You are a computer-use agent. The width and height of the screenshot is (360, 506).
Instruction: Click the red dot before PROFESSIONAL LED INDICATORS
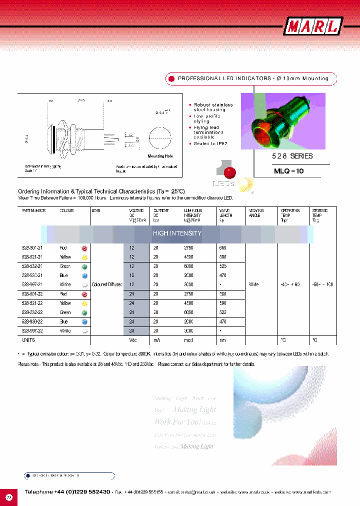[171, 78]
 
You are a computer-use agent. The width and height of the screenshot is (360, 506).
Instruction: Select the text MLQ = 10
[288, 170]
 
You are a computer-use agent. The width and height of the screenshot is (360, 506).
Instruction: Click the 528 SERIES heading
[285, 156]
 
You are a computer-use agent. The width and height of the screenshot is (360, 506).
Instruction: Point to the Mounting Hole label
[159, 156]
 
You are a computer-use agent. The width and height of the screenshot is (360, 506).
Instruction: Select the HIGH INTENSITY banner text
[177, 233]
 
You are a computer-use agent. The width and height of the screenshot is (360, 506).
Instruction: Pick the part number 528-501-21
[32, 248]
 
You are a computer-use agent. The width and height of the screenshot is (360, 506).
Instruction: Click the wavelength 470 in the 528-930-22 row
[223, 321]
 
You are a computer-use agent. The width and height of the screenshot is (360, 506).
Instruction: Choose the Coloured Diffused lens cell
[107, 284]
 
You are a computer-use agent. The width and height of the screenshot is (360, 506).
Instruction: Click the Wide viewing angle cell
[254, 284]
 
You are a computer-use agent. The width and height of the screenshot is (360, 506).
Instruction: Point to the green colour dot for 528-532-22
[84, 312]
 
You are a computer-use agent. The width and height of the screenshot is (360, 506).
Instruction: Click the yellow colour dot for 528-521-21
[84, 257]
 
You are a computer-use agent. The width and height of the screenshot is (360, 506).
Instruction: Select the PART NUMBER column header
[34, 211]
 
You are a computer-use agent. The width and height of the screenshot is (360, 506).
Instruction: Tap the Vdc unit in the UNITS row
[133, 340]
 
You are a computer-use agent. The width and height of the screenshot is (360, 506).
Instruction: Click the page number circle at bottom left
[9, 497]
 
